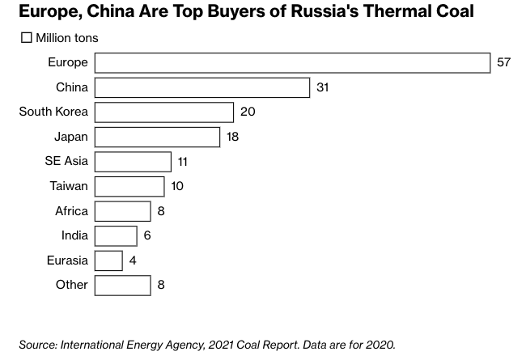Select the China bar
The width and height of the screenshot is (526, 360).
pos(202,87)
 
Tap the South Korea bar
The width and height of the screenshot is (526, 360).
pos(164,112)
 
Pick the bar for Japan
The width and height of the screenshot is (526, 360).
pos(157,137)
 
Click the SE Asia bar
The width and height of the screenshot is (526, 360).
pos(133,162)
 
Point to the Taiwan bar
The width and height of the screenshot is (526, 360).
pos(129,186)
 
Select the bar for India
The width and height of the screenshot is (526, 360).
pos(116,235)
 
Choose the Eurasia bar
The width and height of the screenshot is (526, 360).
pos(108,260)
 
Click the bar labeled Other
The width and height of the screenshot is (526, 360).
pos(122,285)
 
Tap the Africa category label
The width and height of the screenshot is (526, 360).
pos(71,211)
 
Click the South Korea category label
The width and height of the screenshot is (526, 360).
pos(53,112)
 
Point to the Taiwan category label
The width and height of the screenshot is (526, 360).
pos(69,186)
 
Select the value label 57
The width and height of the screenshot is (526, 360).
pos(503,63)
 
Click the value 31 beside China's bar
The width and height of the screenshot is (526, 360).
pos(322,87)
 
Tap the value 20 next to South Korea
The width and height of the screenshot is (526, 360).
pos(248,112)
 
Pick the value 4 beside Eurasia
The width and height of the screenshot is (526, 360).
pos(133,260)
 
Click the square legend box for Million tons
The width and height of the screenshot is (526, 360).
pos(26,38)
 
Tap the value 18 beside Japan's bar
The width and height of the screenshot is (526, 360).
pos(233,137)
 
